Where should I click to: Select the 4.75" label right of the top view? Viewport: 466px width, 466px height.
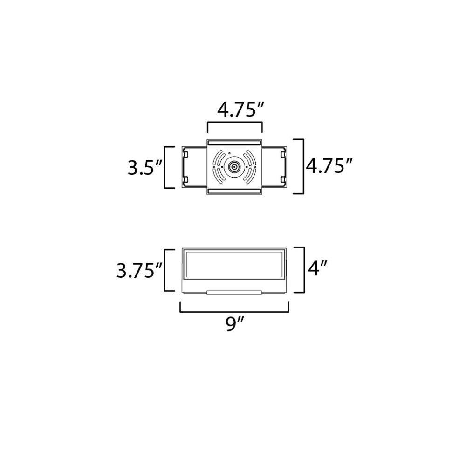tap(329, 166)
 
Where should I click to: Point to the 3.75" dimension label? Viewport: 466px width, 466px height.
tap(139, 270)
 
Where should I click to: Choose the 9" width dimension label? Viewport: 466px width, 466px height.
tap(235, 324)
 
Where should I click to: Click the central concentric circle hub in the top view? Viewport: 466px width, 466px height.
tap(234, 167)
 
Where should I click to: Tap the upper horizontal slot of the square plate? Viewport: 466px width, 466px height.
tap(234, 143)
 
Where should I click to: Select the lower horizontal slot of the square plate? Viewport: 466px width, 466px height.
tap(234, 191)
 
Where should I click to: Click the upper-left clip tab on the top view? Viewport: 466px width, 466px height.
tap(185, 155)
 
